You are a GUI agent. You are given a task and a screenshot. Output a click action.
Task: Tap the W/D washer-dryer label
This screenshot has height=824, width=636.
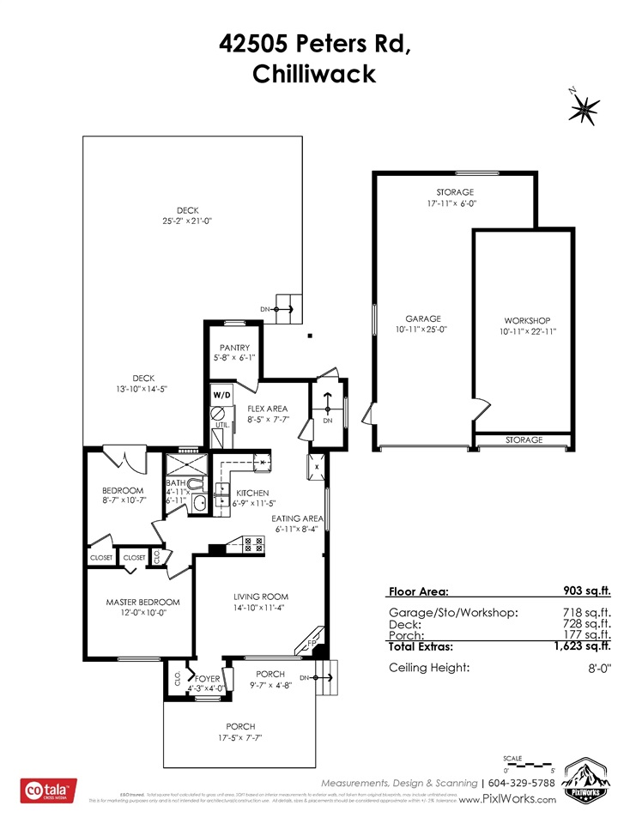pyautogui.click(x=222, y=394)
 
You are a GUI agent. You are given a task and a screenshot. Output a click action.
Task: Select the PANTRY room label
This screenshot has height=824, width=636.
pyautogui.click(x=233, y=348)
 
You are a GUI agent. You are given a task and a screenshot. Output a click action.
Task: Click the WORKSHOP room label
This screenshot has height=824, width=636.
pyautogui.click(x=526, y=320)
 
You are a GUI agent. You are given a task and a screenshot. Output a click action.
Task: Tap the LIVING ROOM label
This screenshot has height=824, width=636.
pyautogui.click(x=261, y=597)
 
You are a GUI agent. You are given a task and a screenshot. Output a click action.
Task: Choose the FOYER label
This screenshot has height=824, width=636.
pyautogui.click(x=208, y=678)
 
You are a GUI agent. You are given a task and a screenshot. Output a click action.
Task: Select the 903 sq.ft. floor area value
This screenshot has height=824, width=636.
pyautogui.click(x=584, y=591)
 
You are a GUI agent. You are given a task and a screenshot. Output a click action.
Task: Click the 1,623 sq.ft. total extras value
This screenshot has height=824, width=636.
pyautogui.click(x=582, y=647)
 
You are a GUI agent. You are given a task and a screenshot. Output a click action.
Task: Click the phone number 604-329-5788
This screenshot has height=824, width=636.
pyautogui.click(x=530, y=783)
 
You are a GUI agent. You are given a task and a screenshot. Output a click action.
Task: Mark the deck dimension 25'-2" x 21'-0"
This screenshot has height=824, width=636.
pyautogui.click(x=187, y=221)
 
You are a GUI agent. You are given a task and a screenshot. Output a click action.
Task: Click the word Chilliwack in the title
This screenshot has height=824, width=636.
pyautogui.click(x=314, y=74)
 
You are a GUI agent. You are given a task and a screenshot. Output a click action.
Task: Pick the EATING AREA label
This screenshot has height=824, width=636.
pyautogui.click(x=297, y=518)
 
